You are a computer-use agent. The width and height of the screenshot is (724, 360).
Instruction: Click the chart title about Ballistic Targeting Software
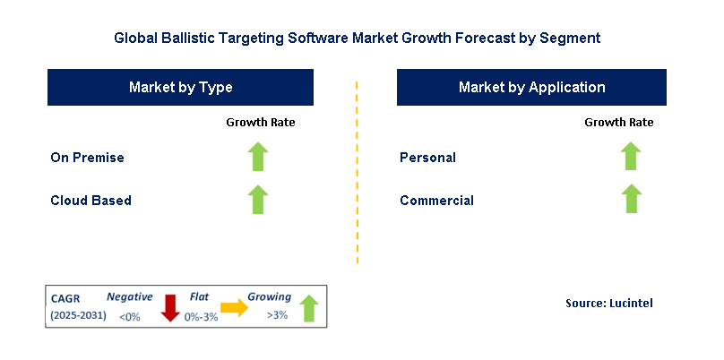click(x=357, y=39)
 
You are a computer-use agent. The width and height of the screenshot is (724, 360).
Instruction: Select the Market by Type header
click(x=180, y=87)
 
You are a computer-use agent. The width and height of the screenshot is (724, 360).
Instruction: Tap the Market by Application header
click(x=531, y=87)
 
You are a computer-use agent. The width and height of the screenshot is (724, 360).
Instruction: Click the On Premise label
click(x=87, y=158)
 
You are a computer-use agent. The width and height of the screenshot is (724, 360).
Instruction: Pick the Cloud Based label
click(x=90, y=201)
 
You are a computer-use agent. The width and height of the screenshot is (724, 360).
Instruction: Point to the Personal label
click(x=427, y=158)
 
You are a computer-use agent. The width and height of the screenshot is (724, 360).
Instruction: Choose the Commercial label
click(x=436, y=201)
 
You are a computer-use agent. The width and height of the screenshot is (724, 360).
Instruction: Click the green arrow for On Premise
click(x=259, y=157)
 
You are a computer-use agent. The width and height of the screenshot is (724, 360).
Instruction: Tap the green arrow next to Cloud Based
click(x=259, y=199)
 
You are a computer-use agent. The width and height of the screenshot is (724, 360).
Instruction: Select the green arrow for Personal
click(x=631, y=157)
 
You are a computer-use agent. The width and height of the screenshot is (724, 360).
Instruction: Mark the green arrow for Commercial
click(x=631, y=199)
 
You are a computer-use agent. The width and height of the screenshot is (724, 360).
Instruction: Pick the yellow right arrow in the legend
click(x=235, y=307)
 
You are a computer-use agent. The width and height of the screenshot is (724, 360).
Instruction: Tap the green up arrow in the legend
click(x=309, y=308)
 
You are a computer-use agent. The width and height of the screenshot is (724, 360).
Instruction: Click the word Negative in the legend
click(x=130, y=296)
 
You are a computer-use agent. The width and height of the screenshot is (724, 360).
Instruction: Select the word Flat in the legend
click(x=200, y=296)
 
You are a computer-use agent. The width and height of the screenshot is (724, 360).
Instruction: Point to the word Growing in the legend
click(x=270, y=296)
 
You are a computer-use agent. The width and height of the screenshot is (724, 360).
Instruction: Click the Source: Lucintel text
click(x=609, y=304)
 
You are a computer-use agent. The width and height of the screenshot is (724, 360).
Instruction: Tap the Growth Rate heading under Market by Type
click(x=260, y=122)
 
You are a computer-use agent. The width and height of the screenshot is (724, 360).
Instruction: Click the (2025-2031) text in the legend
click(x=79, y=315)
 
